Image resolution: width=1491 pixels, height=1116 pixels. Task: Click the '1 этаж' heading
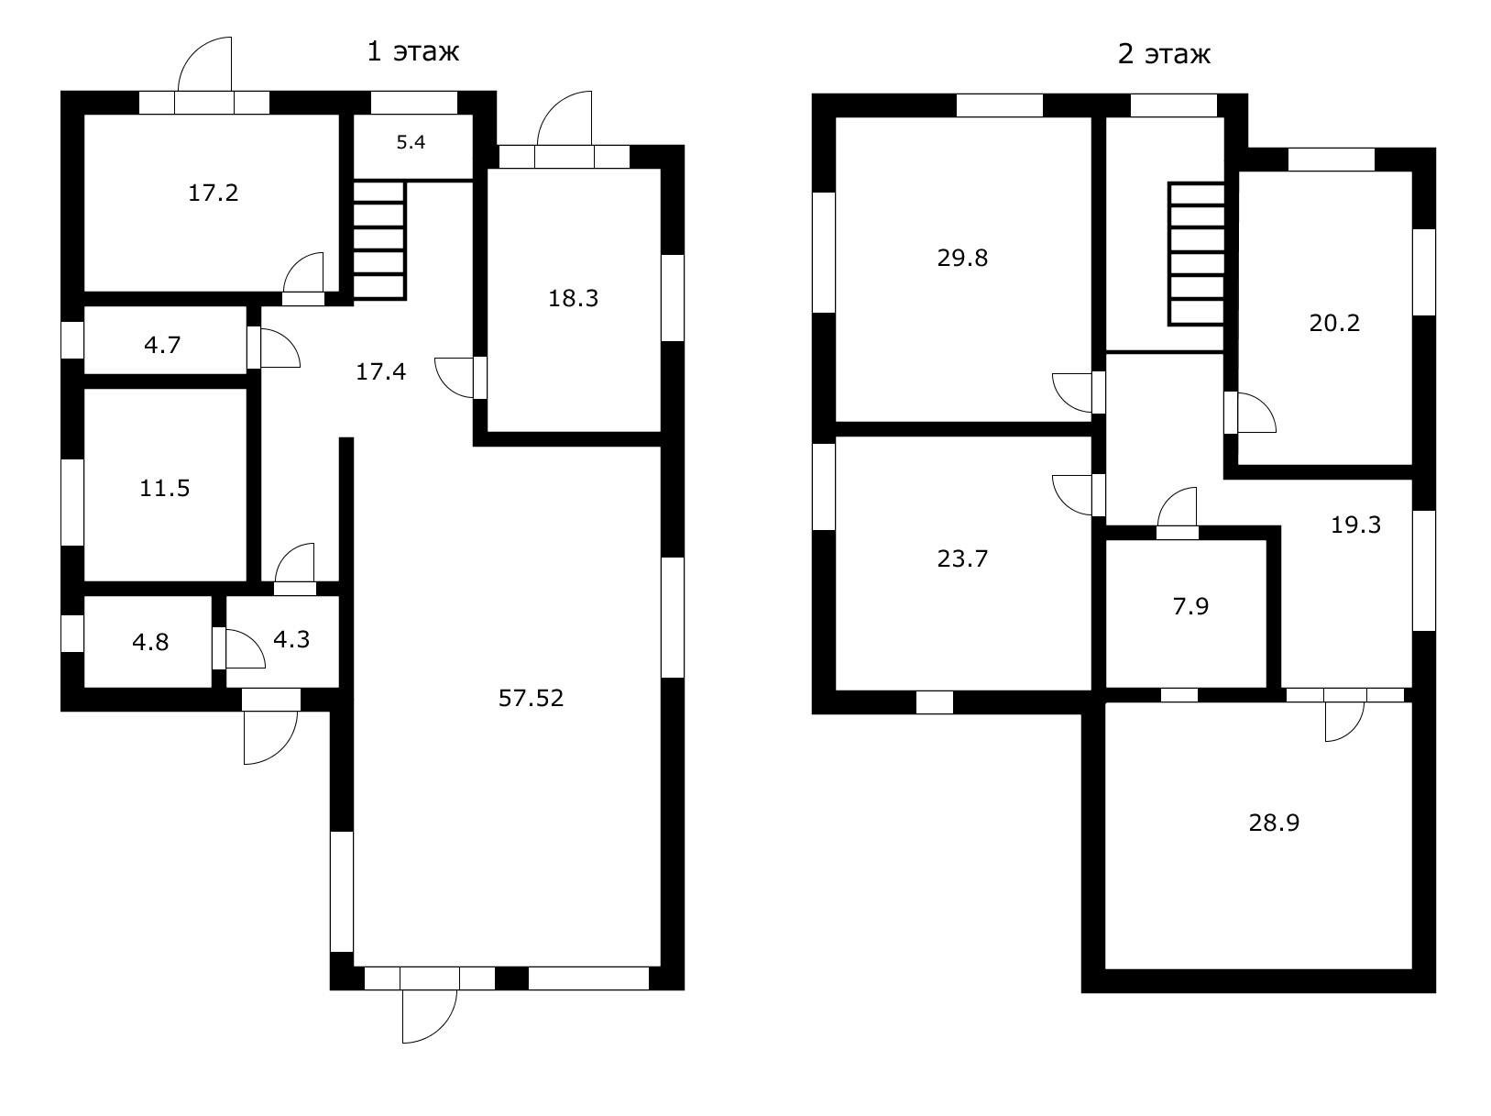[412, 51]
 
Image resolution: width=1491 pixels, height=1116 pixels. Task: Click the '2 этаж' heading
[1164, 54]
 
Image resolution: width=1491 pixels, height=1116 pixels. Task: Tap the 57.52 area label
[531, 698]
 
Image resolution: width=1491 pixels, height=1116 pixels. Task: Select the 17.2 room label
[214, 193]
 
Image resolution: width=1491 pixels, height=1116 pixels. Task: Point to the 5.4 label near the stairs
[411, 142]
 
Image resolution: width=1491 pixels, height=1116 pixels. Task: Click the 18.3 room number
[574, 298]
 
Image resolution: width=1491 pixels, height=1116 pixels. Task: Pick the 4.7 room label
[162, 346]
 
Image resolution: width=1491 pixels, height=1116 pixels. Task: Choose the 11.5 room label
[164, 488]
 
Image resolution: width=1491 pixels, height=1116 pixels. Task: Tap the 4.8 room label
[150, 642]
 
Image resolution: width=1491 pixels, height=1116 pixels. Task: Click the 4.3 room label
[291, 639]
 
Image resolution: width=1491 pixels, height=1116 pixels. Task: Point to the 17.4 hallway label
[380, 371]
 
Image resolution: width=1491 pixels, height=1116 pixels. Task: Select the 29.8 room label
[962, 258]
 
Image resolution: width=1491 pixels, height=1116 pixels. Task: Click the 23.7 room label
[962, 558]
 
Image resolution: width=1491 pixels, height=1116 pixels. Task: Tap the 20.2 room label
[1335, 323]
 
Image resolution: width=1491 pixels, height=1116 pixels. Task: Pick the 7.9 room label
[1190, 606]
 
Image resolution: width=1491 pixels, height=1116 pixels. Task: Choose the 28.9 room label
[1275, 823]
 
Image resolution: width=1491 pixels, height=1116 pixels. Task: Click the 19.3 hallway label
[1355, 525]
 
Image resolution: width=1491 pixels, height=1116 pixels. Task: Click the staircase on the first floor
[379, 240]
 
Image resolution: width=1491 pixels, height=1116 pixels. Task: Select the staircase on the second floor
[1196, 253]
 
